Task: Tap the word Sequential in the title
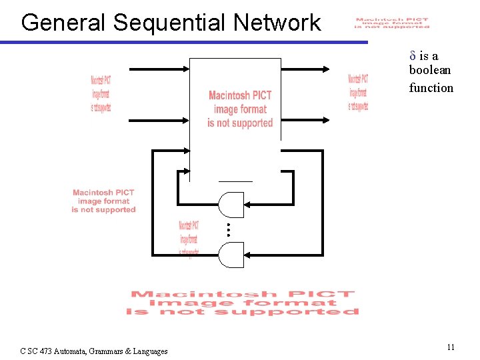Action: (170, 23)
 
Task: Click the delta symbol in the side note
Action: (413, 55)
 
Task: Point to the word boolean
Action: (430, 70)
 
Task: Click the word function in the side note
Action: (431, 88)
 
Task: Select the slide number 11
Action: (451, 347)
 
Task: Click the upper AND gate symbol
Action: (231, 205)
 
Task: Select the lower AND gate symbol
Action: (231, 255)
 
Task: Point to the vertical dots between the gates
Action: (227, 229)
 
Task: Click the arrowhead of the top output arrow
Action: (327, 69)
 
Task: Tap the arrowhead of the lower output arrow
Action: (327, 121)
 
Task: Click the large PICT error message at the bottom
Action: (243, 303)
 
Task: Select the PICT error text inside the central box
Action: (240, 109)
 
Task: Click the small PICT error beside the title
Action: (391, 23)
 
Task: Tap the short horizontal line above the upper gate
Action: (236, 181)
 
